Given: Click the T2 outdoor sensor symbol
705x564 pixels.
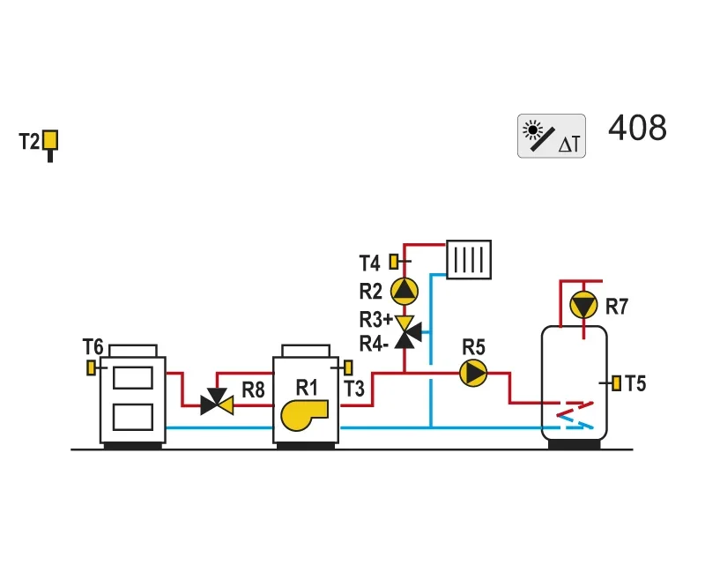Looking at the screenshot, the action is [x=50, y=144].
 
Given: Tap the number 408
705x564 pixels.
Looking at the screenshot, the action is [x=637, y=128].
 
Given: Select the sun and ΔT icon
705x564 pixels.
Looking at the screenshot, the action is [x=552, y=136].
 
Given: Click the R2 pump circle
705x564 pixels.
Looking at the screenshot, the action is [x=404, y=291].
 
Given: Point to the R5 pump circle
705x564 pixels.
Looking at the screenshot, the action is [x=473, y=373].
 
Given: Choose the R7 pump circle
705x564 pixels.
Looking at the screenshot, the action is [x=583, y=306].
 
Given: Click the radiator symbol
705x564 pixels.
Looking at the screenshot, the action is [x=469, y=259].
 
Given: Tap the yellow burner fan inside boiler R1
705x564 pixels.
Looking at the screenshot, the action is [x=304, y=415].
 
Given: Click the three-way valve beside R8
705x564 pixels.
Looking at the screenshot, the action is [x=217, y=402].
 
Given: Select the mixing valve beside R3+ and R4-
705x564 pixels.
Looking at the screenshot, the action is [x=406, y=332].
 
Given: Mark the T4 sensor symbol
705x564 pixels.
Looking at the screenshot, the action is [x=394, y=262].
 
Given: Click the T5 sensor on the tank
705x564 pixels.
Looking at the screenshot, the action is [x=616, y=383].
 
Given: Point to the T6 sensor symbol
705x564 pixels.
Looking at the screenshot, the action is [x=91, y=367].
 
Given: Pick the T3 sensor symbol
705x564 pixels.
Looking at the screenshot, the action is [x=348, y=367].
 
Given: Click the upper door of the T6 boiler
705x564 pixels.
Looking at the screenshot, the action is [x=133, y=378].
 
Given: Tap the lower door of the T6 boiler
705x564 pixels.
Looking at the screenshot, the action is [x=133, y=417].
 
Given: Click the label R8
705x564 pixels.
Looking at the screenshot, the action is [x=253, y=390].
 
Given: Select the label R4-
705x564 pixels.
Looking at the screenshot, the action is [x=374, y=344].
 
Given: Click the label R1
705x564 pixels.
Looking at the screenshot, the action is [x=307, y=388].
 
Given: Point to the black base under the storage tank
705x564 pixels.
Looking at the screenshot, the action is [x=575, y=444].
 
